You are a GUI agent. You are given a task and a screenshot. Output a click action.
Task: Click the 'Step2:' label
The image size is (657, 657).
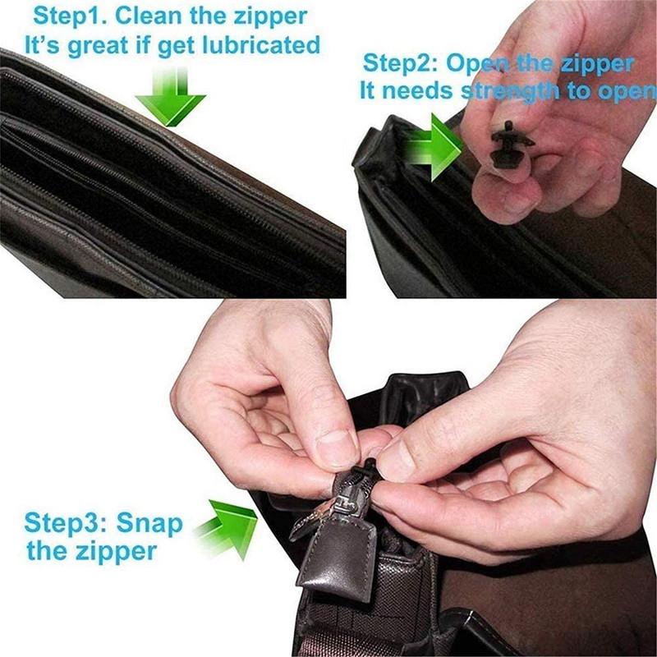coord(403,63)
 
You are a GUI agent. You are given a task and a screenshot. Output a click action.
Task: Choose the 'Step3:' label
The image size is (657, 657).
coord(66,522)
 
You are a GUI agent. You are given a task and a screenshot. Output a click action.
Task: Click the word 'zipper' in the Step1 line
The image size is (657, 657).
coord(268,16)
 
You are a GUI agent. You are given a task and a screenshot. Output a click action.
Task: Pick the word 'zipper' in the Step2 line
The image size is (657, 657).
coord(591,63)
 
